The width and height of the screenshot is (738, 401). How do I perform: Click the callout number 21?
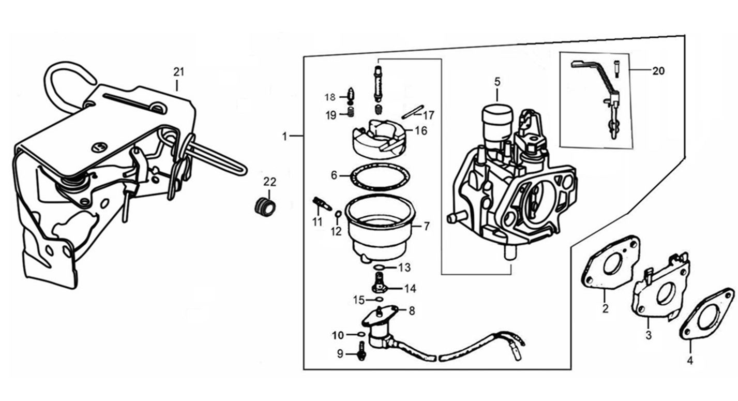[178, 71]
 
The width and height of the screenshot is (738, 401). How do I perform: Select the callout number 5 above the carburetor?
[497, 81]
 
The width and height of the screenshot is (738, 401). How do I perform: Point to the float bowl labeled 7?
[382, 228]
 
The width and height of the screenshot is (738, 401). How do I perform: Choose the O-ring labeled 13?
[379, 267]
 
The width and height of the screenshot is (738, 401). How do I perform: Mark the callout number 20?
[658, 71]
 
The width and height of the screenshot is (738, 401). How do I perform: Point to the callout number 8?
[412, 311]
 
